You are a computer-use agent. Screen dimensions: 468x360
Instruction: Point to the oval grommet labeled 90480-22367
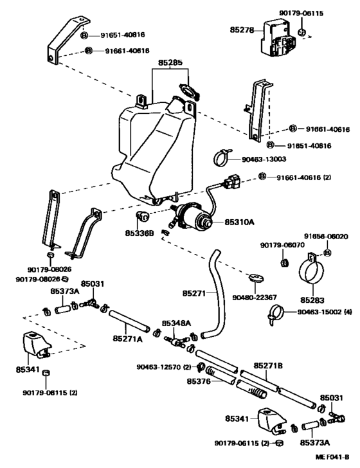click(255, 278)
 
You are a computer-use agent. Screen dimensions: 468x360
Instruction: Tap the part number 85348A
click(175, 323)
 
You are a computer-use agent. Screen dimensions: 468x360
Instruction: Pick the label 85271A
click(128, 337)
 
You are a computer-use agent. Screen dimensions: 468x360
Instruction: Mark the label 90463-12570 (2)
click(163, 367)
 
